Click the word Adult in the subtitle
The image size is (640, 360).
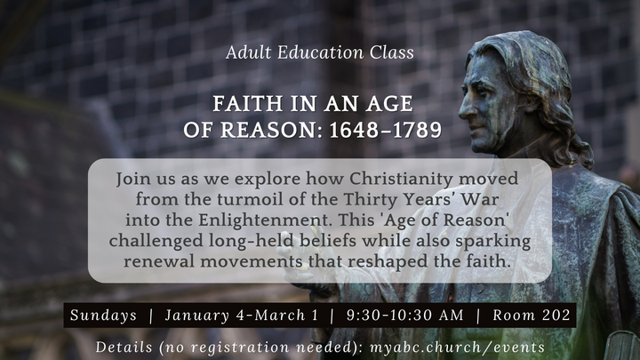[x=247, y=52]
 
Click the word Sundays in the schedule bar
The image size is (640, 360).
[x=103, y=316]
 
